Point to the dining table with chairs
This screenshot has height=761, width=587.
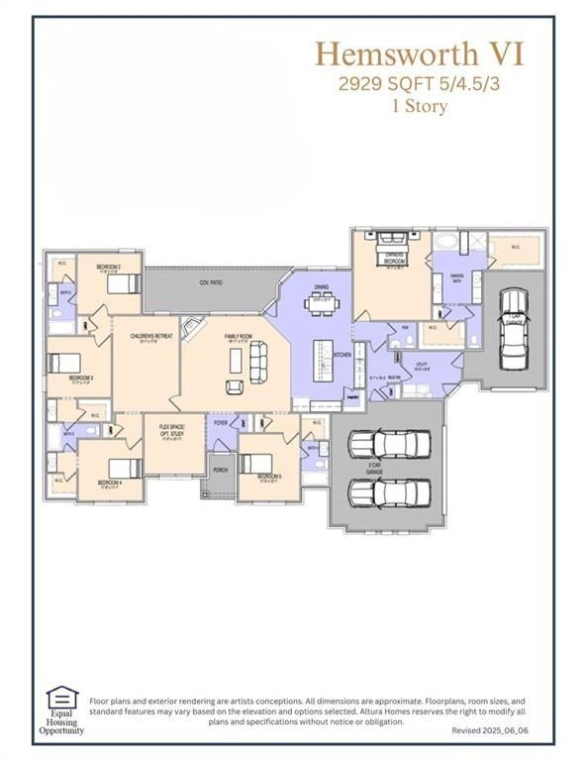pyautogui.click(x=322, y=303)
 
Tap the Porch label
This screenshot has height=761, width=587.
pyautogui.click(x=220, y=470)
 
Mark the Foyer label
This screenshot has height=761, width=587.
pyautogui.click(x=220, y=423)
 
